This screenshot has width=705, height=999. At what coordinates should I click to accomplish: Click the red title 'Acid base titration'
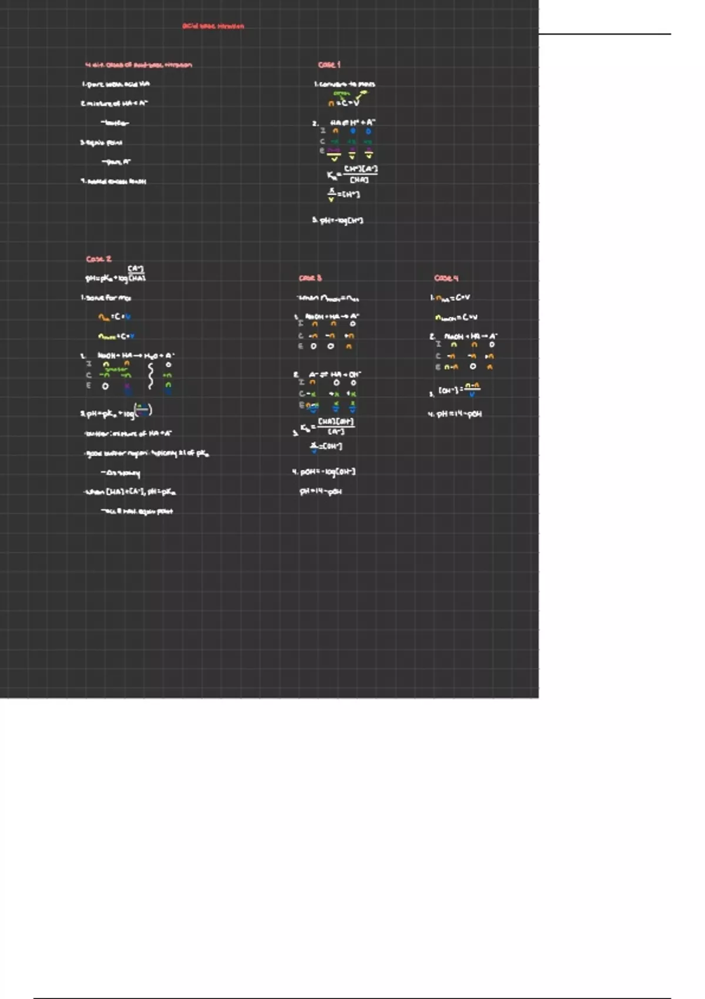(x=213, y=26)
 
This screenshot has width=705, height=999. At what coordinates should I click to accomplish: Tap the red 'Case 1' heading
(x=329, y=65)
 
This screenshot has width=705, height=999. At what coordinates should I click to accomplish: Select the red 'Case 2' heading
(x=99, y=259)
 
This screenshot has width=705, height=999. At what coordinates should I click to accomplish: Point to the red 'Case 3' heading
(x=310, y=278)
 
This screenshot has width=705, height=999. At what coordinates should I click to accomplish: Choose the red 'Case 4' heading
(x=446, y=278)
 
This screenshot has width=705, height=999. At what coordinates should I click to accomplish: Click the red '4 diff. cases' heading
(x=138, y=65)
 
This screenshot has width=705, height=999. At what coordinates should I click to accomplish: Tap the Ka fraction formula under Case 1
(x=352, y=175)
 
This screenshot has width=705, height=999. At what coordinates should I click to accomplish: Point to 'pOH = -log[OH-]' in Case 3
(x=324, y=472)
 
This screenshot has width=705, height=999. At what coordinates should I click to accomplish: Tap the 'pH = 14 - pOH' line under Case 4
(x=455, y=414)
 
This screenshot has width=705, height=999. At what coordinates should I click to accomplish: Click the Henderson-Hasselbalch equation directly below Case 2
(x=116, y=274)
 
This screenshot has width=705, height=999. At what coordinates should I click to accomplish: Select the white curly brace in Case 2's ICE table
(x=151, y=376)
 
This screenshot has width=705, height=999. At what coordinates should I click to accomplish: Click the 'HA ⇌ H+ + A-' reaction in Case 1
(x=352, y=123)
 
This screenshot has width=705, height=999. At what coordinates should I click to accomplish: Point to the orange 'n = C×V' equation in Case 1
(x=344, y=103)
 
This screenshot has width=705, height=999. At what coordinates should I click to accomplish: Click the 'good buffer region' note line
(x=147, y=454)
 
